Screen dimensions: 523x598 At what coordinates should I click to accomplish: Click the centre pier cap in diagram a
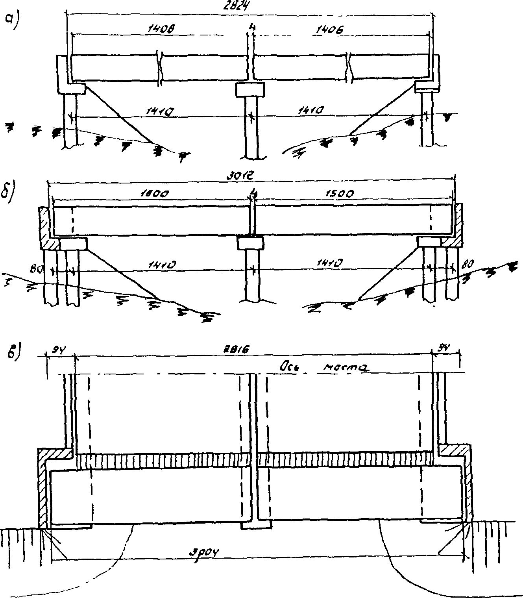click(x=250, y=90)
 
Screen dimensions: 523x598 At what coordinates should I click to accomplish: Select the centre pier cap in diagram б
click(x=250, y=243)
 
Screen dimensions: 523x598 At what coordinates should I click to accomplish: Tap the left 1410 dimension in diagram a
click(x=160, y=112)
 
